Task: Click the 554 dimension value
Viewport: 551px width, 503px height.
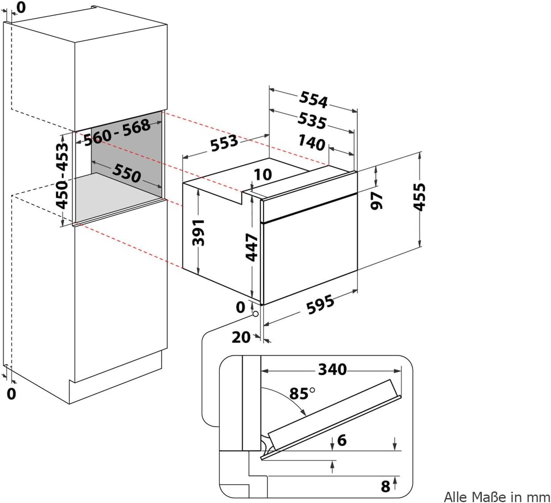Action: [x=313, y=100]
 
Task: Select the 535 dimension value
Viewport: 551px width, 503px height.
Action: [x=312, y=121]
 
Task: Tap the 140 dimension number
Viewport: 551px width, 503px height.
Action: [x=312, y=143]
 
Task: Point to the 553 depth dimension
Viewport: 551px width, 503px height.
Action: [x=224, y=143]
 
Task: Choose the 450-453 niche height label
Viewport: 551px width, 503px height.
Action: [x=62, y=175]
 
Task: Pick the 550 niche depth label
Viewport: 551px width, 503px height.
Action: [x=127, y=173]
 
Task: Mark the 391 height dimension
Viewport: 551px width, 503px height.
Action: [x=199, y=232]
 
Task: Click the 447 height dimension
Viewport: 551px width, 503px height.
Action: [x=252, y=247]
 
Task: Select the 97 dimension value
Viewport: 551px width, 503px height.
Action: [x=377, y=201]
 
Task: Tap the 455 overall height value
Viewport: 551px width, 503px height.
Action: [x=419, y=197]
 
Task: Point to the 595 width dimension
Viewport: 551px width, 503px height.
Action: [x=320, y=304]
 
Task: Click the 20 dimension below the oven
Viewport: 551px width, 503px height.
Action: [x=241, y=337]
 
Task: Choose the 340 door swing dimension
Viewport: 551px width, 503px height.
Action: [x=332, y=370]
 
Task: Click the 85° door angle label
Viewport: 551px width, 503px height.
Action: [x=302, y=393]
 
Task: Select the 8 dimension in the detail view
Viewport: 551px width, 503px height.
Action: [x=385, y=486]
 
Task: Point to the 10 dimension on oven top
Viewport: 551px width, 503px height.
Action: [x=263, y=174]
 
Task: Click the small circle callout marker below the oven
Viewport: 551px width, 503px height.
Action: [x=256, y=314]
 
